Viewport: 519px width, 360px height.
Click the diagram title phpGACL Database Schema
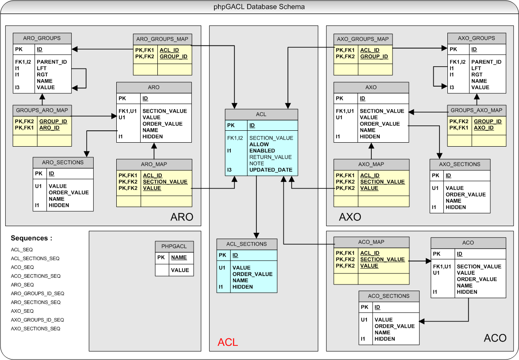pos(259,7)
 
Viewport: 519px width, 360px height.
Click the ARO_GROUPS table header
pos(42,38)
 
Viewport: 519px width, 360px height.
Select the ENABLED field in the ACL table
pos(262,151)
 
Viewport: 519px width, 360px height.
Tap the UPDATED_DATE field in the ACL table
pos(271,170)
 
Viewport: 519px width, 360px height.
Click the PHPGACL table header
pos(174,246)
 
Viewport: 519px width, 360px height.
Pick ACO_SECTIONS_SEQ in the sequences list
pos(36,276)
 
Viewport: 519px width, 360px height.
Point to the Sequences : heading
pos(31,238)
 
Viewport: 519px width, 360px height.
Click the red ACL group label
pos(228,342)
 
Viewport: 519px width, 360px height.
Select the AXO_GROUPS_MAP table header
pos(363,39)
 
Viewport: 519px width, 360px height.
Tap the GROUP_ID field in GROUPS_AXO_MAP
pos(488,121)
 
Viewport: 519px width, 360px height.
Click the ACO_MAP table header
pos(371,242)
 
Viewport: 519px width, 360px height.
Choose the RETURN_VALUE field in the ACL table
pos(271,157)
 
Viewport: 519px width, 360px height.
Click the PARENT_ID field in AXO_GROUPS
pos(486,62)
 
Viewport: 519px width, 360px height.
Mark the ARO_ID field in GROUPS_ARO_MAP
pos(50,128)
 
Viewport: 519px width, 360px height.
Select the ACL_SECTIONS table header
pos(247,244)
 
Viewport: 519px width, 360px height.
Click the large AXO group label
pos(350,217)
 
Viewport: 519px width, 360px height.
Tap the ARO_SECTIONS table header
pos(63,162)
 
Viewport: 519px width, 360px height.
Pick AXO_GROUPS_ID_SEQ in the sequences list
pos(38,320)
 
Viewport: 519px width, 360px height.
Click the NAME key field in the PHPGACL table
pos(179,258)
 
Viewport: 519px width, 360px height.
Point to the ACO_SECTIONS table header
pos(389,296)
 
